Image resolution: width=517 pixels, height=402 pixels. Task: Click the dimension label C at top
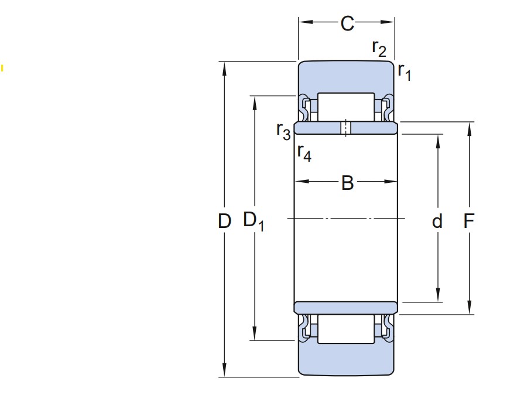347,23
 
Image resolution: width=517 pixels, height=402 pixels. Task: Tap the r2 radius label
379,49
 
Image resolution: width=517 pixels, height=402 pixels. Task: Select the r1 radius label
405,71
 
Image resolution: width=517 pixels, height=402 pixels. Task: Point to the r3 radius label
283,131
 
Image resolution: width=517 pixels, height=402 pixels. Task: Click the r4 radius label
304,153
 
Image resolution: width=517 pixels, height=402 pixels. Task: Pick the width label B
348,183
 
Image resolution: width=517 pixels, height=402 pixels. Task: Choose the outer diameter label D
224,221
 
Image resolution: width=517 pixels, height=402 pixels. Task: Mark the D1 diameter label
253,221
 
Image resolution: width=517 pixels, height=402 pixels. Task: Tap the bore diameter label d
437,221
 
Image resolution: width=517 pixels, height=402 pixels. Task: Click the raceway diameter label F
468,221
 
